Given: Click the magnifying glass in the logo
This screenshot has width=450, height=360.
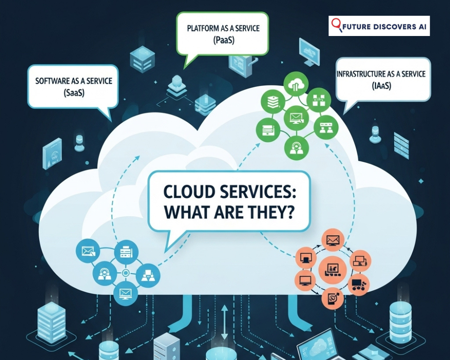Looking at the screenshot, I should tap(336, 25).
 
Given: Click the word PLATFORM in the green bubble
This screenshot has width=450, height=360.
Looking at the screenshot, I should tap(202, 28).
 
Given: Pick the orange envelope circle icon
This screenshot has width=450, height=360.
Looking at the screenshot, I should tap(333, 240).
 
